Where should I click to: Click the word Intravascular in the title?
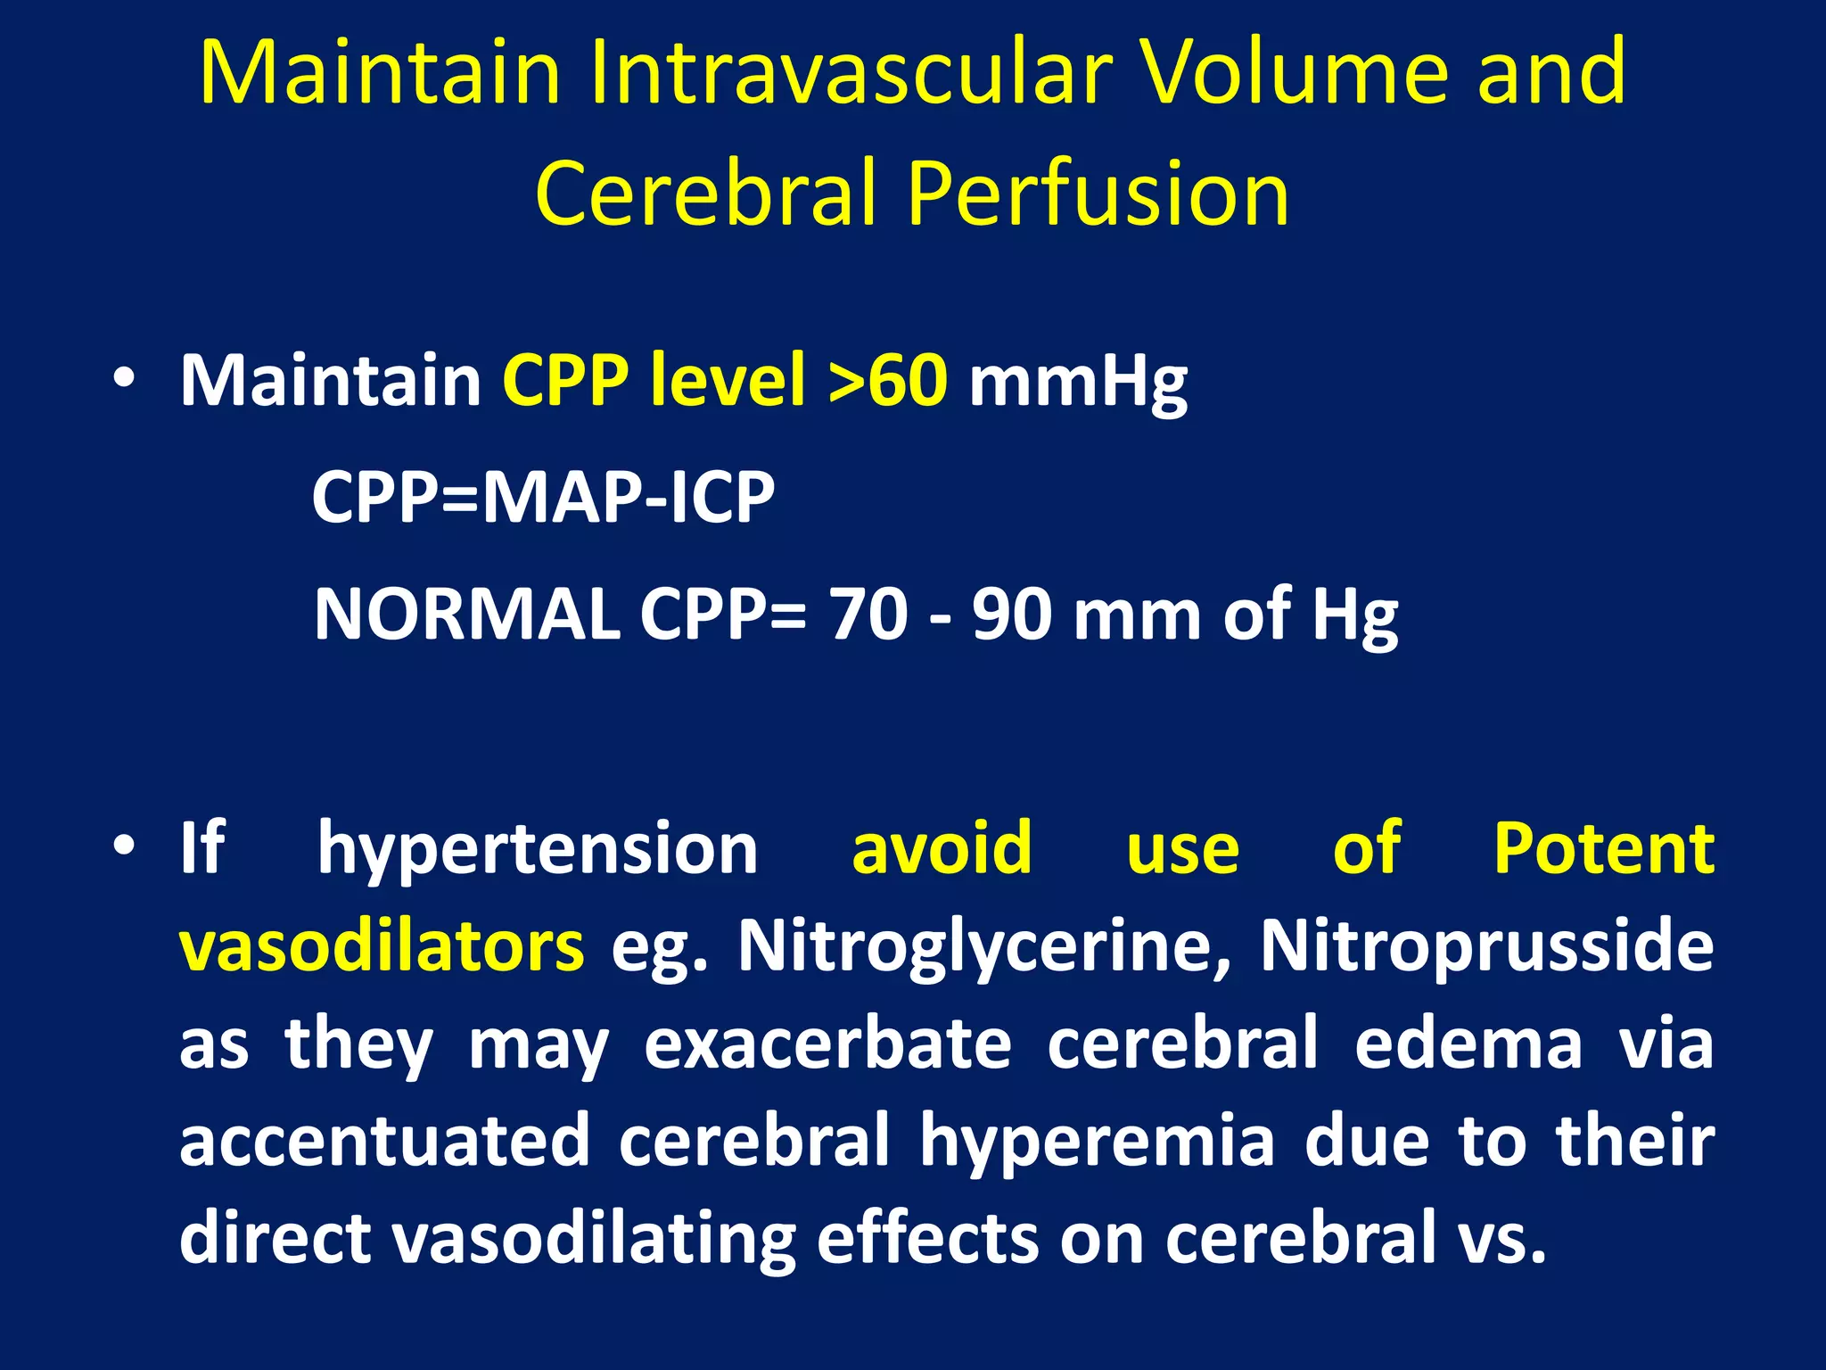coord(851,73)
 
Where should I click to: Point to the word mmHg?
coord(1078,384)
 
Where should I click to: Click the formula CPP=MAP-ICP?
coord(543,498)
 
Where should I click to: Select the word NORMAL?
coord(467,615)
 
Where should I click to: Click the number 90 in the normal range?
coord(1012,615)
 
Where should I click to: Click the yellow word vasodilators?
coord(382,946)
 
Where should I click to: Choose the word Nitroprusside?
coord(1486,946)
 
